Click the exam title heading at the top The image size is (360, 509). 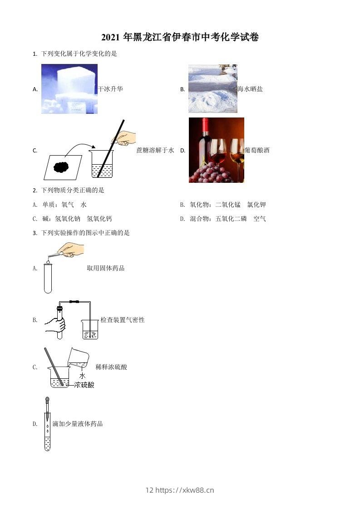coord(180,38)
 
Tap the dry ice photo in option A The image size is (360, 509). coord(69,88)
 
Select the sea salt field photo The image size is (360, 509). coord(212,88)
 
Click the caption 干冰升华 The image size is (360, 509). coord(110,89)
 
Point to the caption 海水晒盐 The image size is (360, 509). coord(250,89)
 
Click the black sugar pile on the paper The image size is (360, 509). coord(62,167)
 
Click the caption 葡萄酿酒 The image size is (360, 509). coord(257,150)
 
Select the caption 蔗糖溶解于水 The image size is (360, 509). coord(155,150)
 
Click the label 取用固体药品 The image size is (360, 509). coord(106,268)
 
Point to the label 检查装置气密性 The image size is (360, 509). coord(123,320)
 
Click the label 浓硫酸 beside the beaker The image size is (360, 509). coord(84,385)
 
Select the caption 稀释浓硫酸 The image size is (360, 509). coord(111,367)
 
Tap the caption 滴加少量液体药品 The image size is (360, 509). coord(78,424)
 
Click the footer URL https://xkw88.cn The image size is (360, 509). coord(185,490)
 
